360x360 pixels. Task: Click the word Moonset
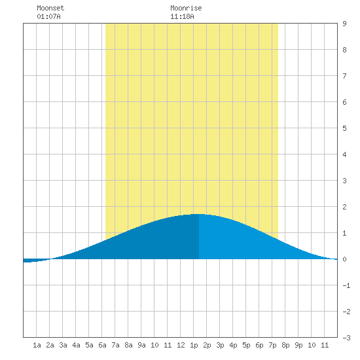point(50,8)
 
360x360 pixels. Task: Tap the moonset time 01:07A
point(48,16)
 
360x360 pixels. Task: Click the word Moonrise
point(186,8)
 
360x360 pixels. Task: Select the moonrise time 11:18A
point(182,16)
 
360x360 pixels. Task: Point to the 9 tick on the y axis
point(344,24)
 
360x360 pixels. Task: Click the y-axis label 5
point(344,128)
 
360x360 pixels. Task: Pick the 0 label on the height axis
point(344,259)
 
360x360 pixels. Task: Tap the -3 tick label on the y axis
point(346,338)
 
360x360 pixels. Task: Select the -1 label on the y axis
point(346,285)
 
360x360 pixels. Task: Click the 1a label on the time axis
point(37,345)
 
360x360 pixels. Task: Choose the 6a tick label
point(102,345)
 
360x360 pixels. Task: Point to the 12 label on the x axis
point(181,345)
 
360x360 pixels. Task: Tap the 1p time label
point(194,345)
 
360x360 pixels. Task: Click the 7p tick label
point(272,345)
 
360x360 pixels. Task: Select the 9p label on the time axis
point(298,345)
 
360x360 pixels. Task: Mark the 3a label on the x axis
point(63,345)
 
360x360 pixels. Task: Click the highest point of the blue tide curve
point(199,214)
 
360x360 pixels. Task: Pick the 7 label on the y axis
point(344,76)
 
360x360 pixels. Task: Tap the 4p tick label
point(233,345)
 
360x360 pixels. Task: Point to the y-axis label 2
point(344,207)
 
